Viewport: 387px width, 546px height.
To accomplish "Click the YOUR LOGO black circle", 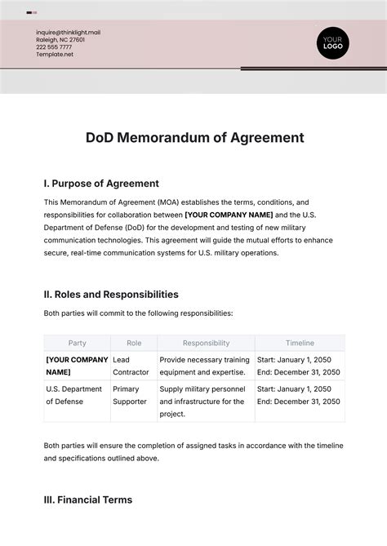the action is coord(332,42).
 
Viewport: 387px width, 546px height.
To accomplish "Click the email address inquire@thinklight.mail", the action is coord(68,33).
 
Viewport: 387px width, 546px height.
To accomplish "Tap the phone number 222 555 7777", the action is coord(54,47).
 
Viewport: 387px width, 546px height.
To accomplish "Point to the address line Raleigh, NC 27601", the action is coord(61,40).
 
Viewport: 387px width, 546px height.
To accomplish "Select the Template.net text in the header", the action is coord(55,54).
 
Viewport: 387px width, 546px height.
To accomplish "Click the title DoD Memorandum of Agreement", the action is coord(194,138).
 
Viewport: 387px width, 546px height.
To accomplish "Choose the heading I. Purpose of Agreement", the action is coord(101,184).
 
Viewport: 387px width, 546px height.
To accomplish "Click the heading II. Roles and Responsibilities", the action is coord(111,295).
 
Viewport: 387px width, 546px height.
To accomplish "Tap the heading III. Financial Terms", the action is coord(87,499).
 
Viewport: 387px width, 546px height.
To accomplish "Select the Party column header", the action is coord(77,344).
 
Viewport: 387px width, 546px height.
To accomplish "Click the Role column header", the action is coord(133,344).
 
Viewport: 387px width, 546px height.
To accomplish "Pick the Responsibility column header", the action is coord(206,344).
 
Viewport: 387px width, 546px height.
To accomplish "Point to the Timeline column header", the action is coord(299,344).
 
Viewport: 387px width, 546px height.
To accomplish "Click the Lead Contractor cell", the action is coord(131,366).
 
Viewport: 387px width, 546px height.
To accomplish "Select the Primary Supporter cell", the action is coord(130,395).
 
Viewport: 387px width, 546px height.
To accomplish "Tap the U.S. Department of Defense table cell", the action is coord(76,395).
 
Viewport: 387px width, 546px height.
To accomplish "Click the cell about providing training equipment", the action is coord(204,366).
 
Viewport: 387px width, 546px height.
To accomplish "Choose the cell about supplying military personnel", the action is coord(204,401).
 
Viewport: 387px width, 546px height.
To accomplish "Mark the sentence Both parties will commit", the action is coord(138,313).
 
